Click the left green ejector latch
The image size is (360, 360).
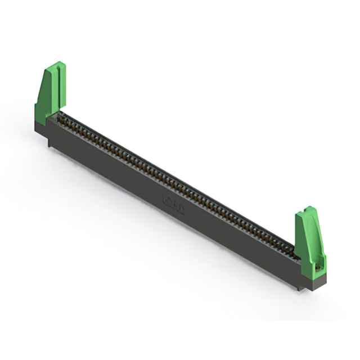click(x=50, y=93)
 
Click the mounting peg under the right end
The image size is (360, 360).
click(x=299, y=289)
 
